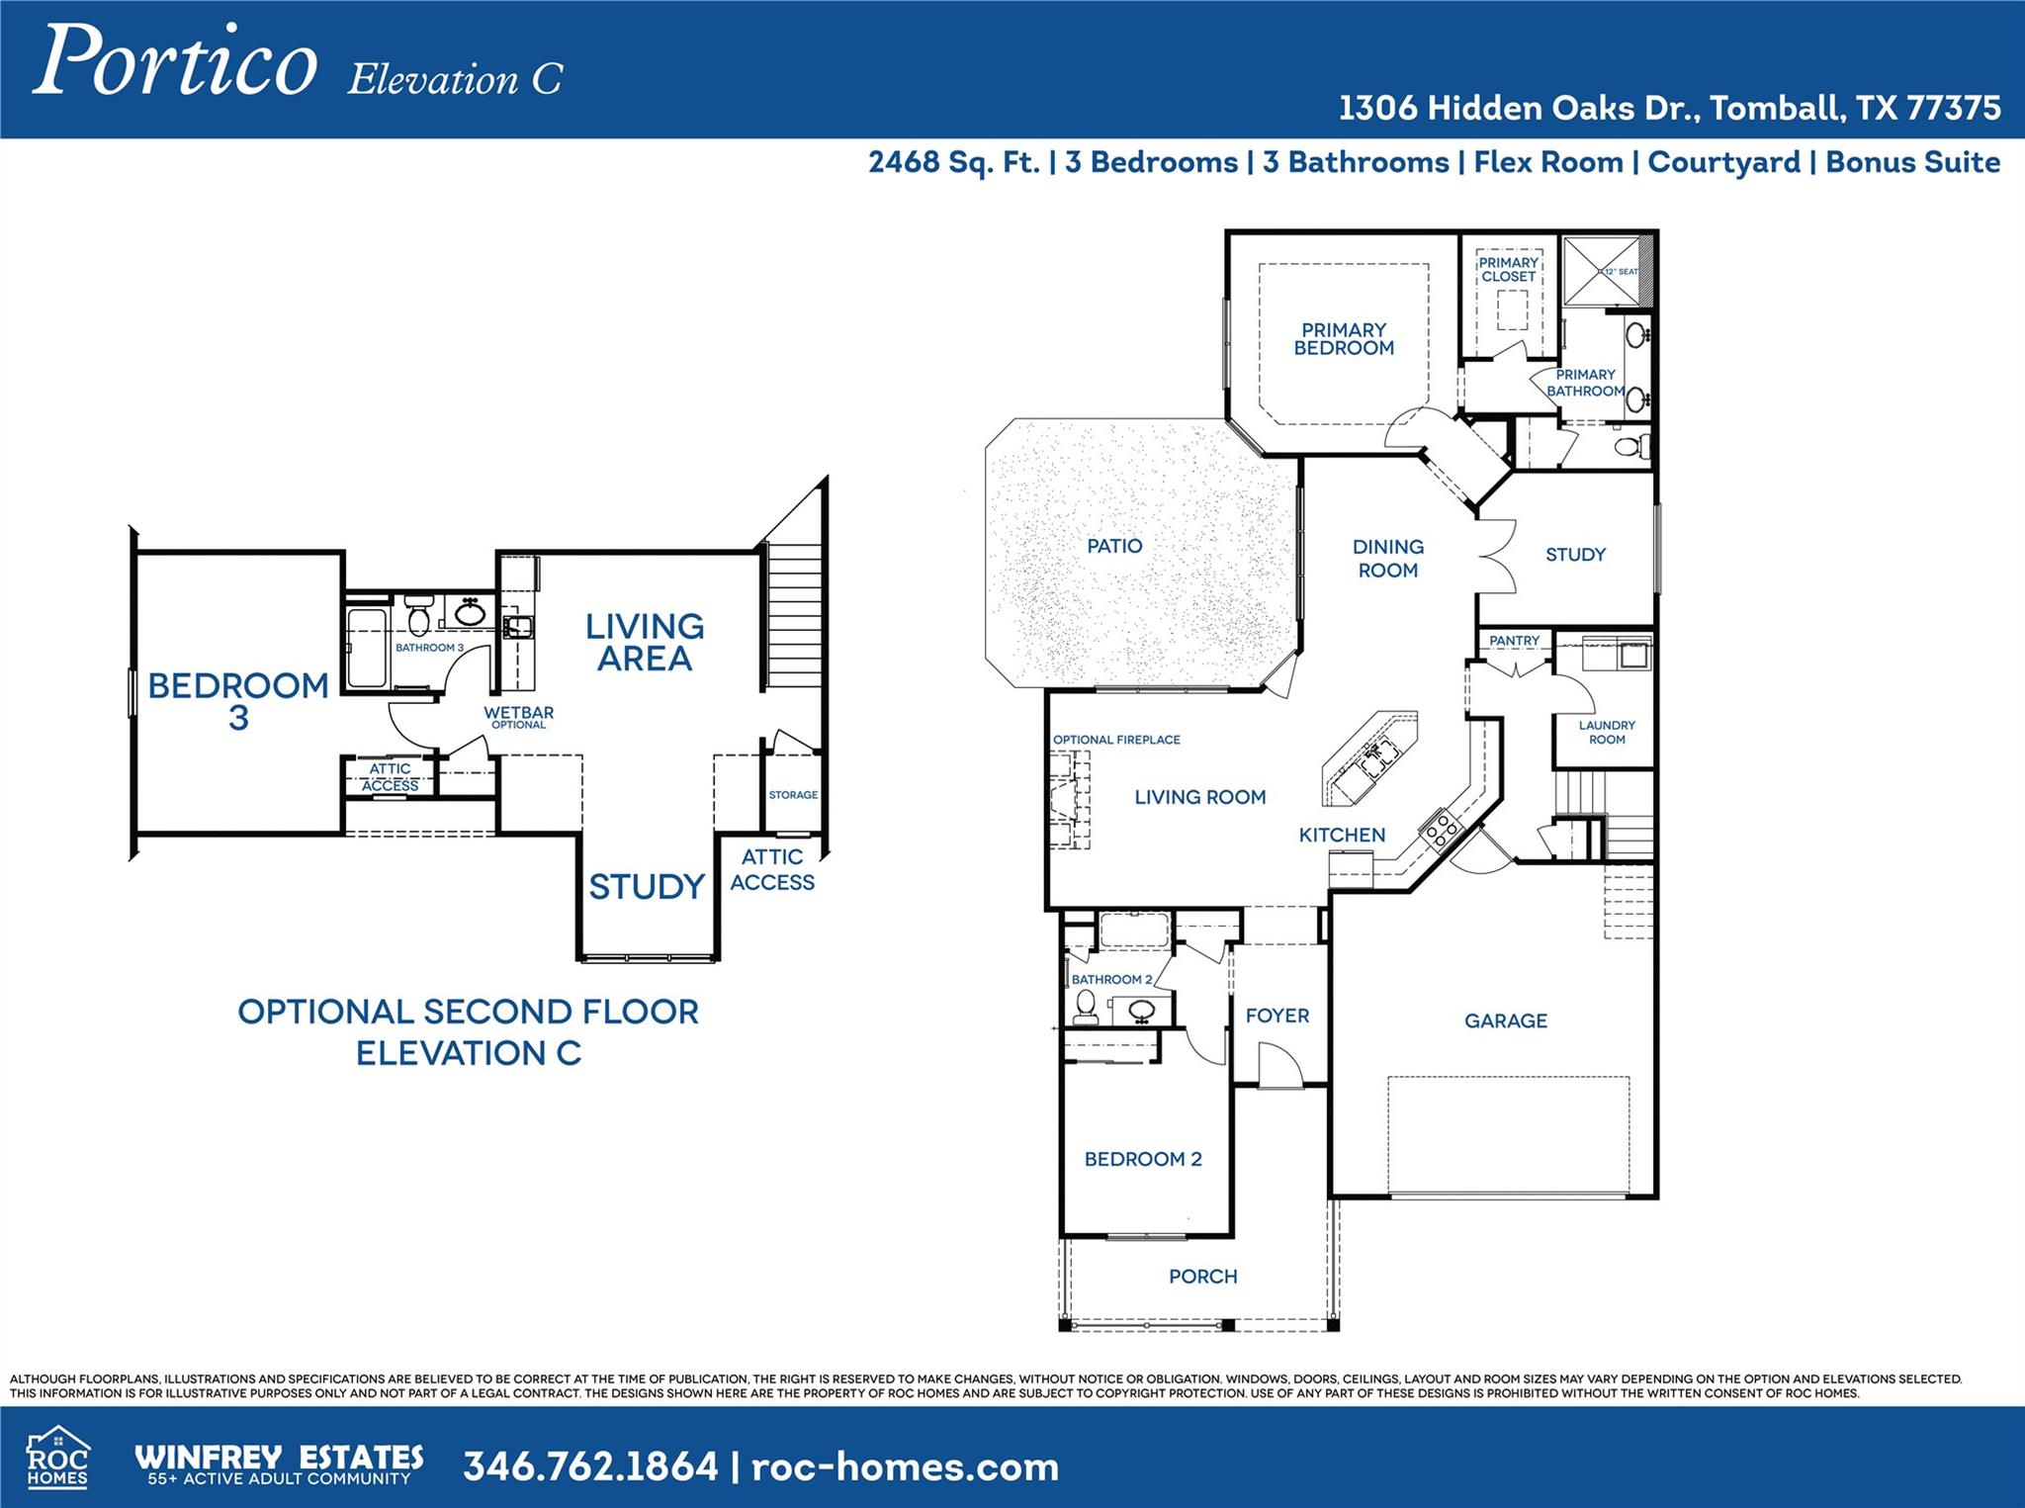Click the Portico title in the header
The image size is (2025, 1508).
pyautogui.click(x=176, y=61)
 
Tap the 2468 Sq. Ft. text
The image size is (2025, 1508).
pyautogui.click(x=953, y=162)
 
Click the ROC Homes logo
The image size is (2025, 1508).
pyautogui.click(x=57, y=1458)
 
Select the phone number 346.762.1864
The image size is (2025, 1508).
pyautogui.click(x=590, y=1466)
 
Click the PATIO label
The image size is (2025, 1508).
pyautogui.click(x=1114, y=546)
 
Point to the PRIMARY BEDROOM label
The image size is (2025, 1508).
pyautogui.click(x=1344, y=338)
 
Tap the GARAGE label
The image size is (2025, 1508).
pyautogui.click(x=1505, y=1020)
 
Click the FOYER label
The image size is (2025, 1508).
pyautogui.click(x=1277, y=1016)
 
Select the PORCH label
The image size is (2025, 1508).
pyautogui.click(x=1202, y=1277)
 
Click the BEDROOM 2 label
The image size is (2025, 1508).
pyautogui.click(x=1143, y=1159)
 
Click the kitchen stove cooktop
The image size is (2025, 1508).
pyautogui.click(x=1441, y=828)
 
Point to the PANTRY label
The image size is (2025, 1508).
pyautogui.click(x=1514, y=641)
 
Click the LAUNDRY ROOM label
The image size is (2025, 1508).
pyautogui.click(x=1607, y=732)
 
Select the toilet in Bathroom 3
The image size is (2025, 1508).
pyautogui.click(x=419, y=616)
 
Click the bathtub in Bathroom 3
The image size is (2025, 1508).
pyautogui.click(x=367, y=648)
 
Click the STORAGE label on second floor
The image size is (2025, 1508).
pyautogui.click(x=793, y=795)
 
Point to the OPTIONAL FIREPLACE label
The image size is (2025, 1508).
pyautogui.click(x=1116, y=740)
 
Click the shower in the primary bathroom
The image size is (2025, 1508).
pyautogui.click(x=1601, y=271)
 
